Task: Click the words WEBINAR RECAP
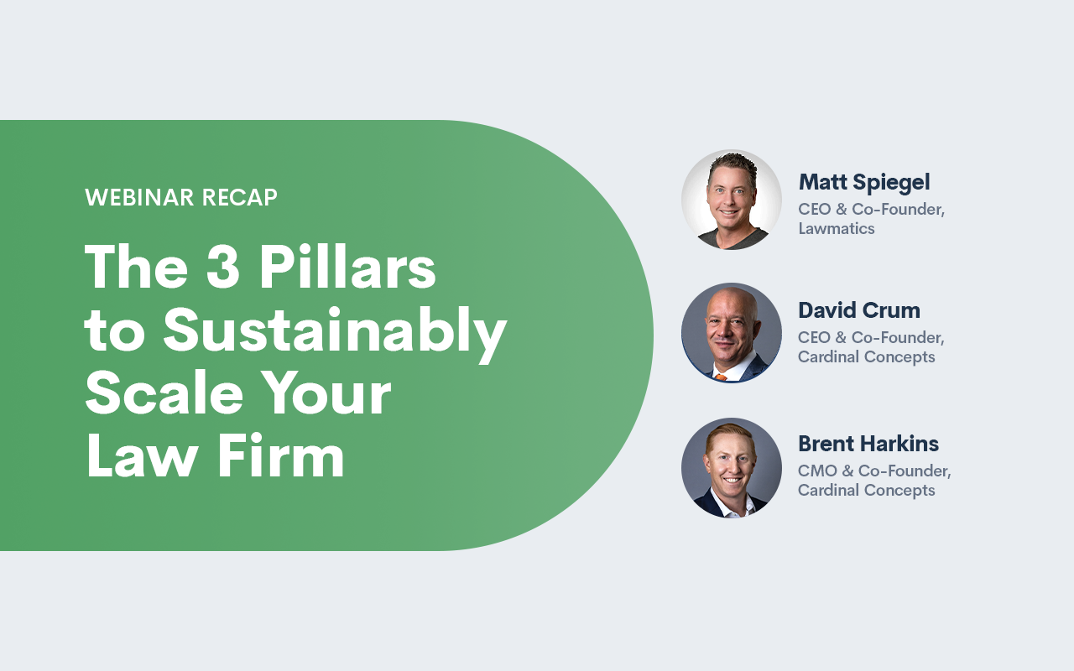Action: (181, 197)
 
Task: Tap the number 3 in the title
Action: (223, 266)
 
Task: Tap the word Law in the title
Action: (143, 455)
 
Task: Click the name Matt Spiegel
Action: (864, 183)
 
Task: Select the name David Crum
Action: (859, 310)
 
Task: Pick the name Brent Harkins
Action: (868, 444)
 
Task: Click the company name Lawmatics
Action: (837, 229)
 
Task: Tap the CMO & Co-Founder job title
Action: (874, 471)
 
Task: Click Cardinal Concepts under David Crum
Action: (867, 357)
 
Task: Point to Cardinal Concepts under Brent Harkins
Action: (867, 491)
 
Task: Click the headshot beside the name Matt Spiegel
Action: (731, 200)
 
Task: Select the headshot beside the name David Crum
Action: (731, 333)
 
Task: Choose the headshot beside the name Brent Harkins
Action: (731, 467)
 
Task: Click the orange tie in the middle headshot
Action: (721, 377)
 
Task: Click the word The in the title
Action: (136, 266)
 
